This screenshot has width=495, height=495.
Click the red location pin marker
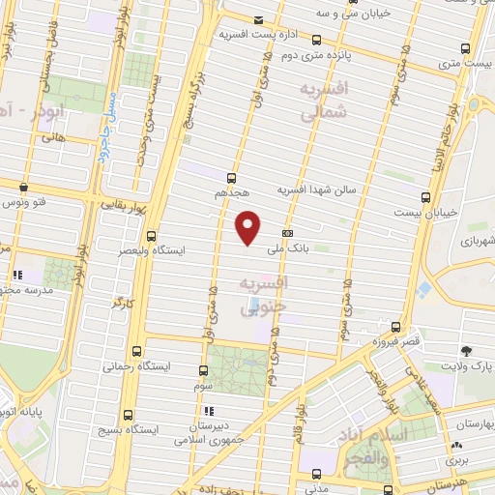pos(248,226)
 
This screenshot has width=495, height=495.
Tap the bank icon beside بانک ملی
pos(287,233)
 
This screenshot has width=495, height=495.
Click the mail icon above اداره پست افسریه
pos(257,20)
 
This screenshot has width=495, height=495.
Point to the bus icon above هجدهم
pos(231,177)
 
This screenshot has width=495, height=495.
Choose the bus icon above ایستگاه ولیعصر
pos(151,235)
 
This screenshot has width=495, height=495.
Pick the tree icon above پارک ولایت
pos(468,350)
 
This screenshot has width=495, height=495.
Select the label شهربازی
pos(474,239)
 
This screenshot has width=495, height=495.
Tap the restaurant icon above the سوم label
pos(202,370)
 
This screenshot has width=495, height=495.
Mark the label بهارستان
pos(471,424)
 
